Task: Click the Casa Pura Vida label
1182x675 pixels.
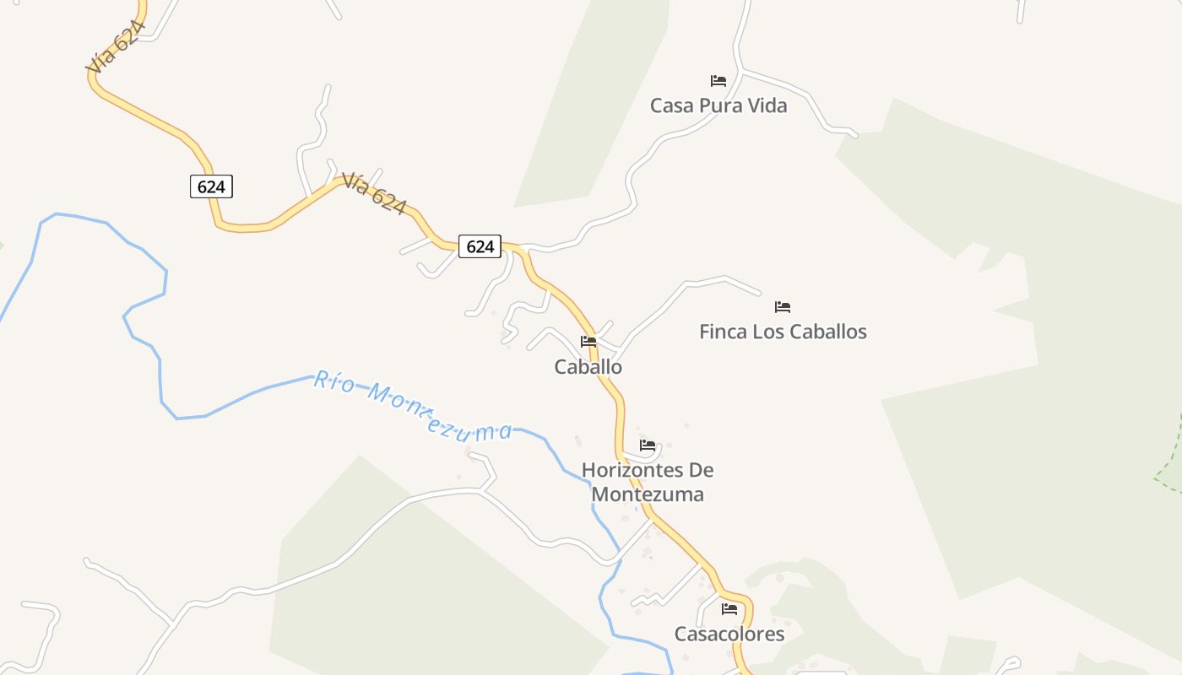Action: (x=718, y=105)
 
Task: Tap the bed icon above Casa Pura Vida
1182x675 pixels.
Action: (x=718, y=81)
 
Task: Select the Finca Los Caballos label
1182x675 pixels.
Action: (x=783, y=332)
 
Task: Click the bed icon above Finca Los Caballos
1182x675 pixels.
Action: (x=783, y=307)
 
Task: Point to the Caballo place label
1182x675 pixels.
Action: (x=588, y=367)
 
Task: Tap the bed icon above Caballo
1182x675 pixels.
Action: (x=588, y=342)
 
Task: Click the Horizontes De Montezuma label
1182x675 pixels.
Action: (x=647, y=482)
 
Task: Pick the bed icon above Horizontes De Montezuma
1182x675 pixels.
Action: (x=648, y=445)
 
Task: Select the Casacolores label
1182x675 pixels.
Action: (x=729, y=634)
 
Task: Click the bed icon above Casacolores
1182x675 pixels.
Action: (x=729, y=608)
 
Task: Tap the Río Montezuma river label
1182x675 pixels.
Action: (x=413, y=406)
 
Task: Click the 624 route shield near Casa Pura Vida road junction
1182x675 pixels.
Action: (x=480, y=246)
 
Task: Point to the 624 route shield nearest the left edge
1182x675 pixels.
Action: (x=211, y=186)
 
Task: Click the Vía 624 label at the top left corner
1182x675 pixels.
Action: (x=115, y=46)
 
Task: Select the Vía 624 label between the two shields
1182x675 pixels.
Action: (x=374, y=193)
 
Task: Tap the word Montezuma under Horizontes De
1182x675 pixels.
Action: (x=647, y=494)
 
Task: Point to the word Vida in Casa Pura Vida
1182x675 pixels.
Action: (x=765, y=105)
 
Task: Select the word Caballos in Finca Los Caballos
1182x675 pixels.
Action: (x=827, y=332)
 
